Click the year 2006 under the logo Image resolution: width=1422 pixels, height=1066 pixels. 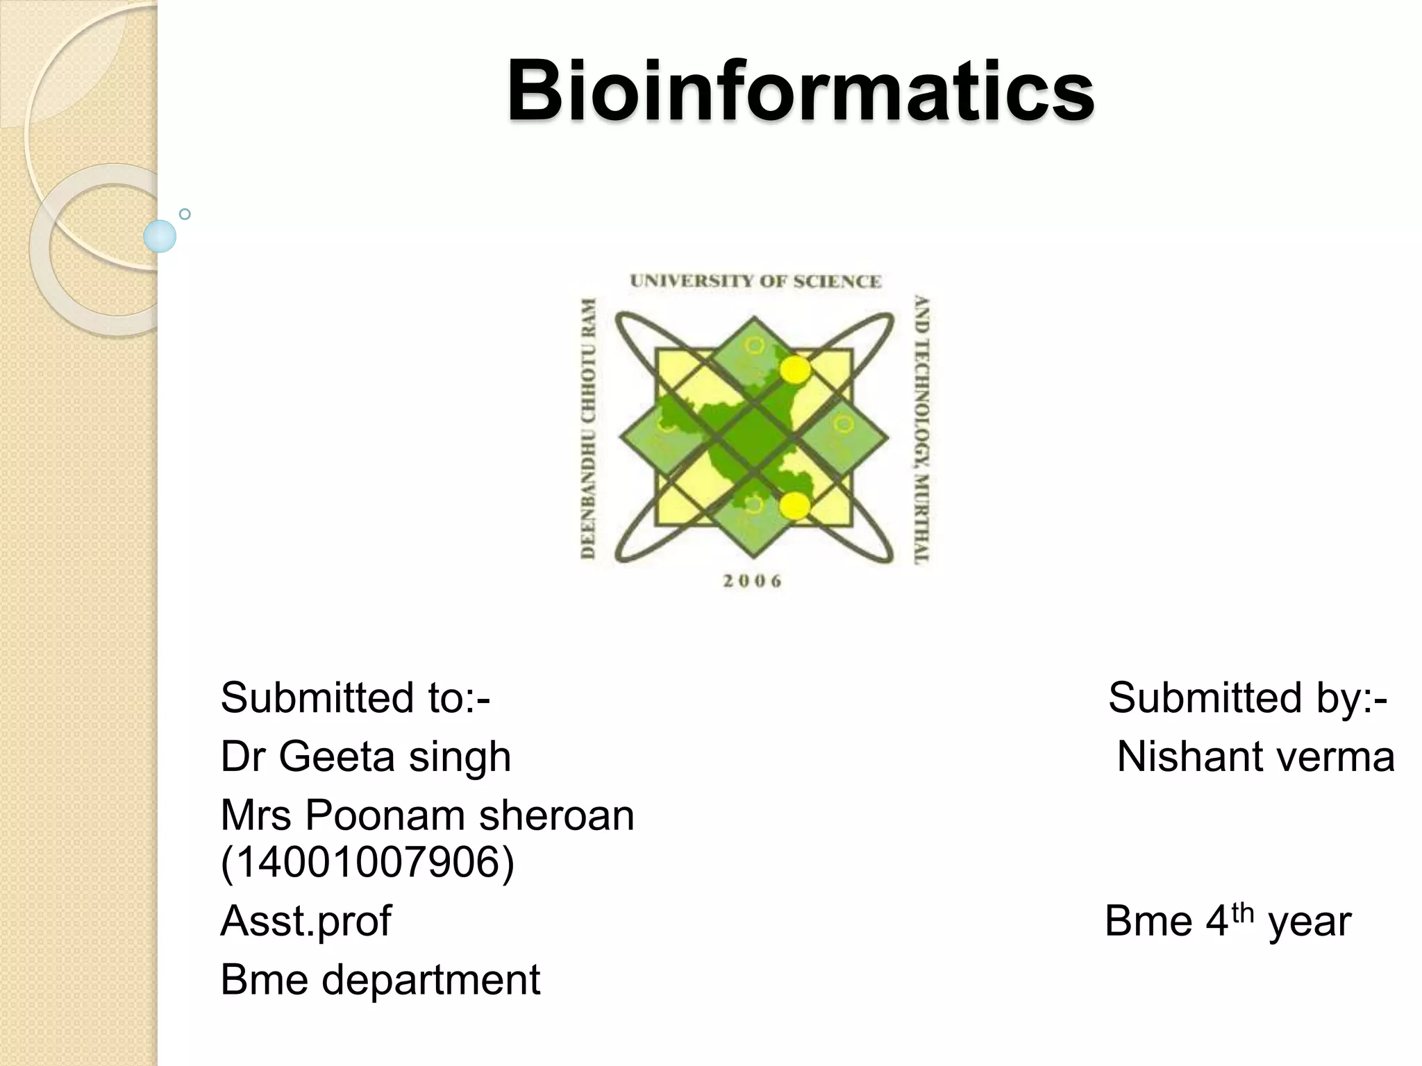(752, 582)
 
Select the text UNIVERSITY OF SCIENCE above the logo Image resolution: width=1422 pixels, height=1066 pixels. (755, 281)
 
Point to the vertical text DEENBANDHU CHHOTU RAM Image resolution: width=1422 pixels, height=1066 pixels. (589, 428)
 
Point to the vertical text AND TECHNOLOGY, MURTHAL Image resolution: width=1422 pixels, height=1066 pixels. (922, 430)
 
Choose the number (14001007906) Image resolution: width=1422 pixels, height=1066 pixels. (367, 863)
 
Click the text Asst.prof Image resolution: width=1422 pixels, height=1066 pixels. (306, 921)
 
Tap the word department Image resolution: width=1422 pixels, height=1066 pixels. (431, 979)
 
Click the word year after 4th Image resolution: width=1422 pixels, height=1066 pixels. (1310, 922)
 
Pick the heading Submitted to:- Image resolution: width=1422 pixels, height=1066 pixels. (355, 697)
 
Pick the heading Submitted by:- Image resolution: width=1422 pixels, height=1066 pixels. (1247, 697)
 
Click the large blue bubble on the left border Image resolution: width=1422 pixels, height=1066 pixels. (160, 236)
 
